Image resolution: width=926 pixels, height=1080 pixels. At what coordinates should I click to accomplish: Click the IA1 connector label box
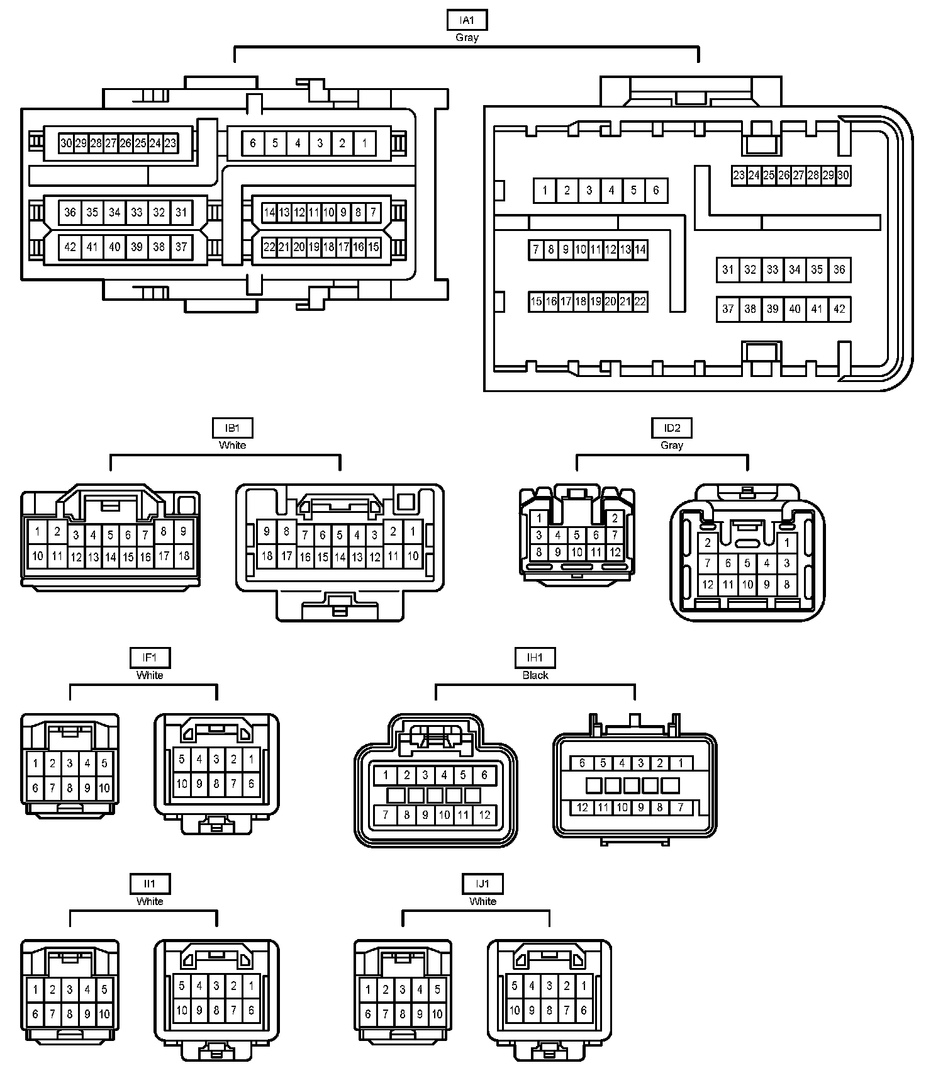pyautogui.click(x=467, y=20)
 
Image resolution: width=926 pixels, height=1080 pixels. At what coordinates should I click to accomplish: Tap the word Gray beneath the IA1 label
pyautogui.click(x=467, y=38)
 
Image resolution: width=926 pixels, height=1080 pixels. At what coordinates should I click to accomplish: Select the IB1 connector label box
pyautogui.click(x=232, y=428)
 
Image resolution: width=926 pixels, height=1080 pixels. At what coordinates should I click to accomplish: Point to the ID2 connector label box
pyautogui.click(x=672, y=428)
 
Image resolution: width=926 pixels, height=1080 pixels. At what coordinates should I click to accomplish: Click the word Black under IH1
pyautogui.click(x=535, y=675)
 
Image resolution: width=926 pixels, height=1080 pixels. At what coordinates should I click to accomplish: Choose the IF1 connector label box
pyautogui.click(x=150, y=658)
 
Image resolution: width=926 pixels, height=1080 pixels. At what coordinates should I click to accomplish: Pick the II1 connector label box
pyautogui.click(x=150, y=884)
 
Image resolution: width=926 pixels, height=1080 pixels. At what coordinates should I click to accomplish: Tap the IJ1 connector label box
pyautogui.click(x=483, y=884)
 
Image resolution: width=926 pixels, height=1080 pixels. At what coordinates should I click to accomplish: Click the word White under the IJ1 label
pyautogui.click(x=483, y=901)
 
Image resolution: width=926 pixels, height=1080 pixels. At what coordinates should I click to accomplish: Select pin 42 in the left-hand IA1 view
pyautogui.click(x=70, y=247)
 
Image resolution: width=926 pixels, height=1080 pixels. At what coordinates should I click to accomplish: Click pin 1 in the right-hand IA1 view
pyautogui.click(x=545, y=190)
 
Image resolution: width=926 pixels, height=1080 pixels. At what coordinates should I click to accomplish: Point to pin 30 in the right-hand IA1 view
pyautogui.click(x=844, y=176)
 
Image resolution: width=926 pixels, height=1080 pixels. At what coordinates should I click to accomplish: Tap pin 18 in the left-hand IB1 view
pyautogui.click(x=184, y=556)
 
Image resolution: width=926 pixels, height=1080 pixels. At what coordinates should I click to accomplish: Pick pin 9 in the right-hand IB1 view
pyautogui.click(x=267, y=532)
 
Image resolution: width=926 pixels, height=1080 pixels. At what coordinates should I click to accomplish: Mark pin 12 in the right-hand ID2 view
pyautogui.click(x=708, y=584)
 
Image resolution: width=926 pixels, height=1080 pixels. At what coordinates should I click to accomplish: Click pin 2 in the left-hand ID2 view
pyautogui.click(x=615, y=519)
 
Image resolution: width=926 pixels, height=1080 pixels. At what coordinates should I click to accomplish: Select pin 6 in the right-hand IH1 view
pyautogui.click(x=583, y=763)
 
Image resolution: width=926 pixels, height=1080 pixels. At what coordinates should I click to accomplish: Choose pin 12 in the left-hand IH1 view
pyautogui.click(x=484, y=815)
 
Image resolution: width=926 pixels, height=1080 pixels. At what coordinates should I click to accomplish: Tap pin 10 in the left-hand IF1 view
pyautogui.click(x=104, y=787)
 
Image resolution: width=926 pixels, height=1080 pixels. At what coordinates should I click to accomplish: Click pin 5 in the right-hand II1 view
pyautogui.click(x=182, y=986)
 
